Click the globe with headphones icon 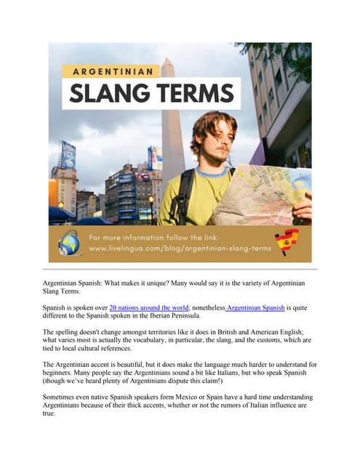click(70, 243)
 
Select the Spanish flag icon click(286, 242)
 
